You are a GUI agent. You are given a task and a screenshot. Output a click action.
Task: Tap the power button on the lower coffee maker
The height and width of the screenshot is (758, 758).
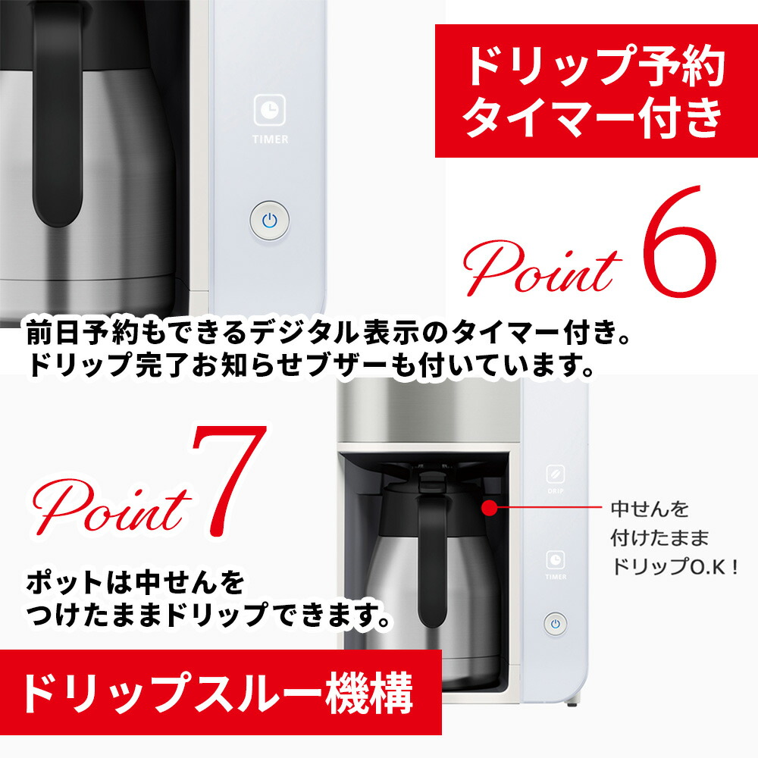555,624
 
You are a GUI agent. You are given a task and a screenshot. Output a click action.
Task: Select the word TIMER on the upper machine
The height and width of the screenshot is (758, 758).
271,139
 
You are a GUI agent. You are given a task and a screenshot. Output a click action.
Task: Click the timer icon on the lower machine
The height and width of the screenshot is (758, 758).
556,559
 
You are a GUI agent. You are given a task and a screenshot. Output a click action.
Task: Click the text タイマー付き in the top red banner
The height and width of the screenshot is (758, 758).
592,119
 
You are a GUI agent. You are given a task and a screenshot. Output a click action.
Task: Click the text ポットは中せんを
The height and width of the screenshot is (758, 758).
136,584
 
